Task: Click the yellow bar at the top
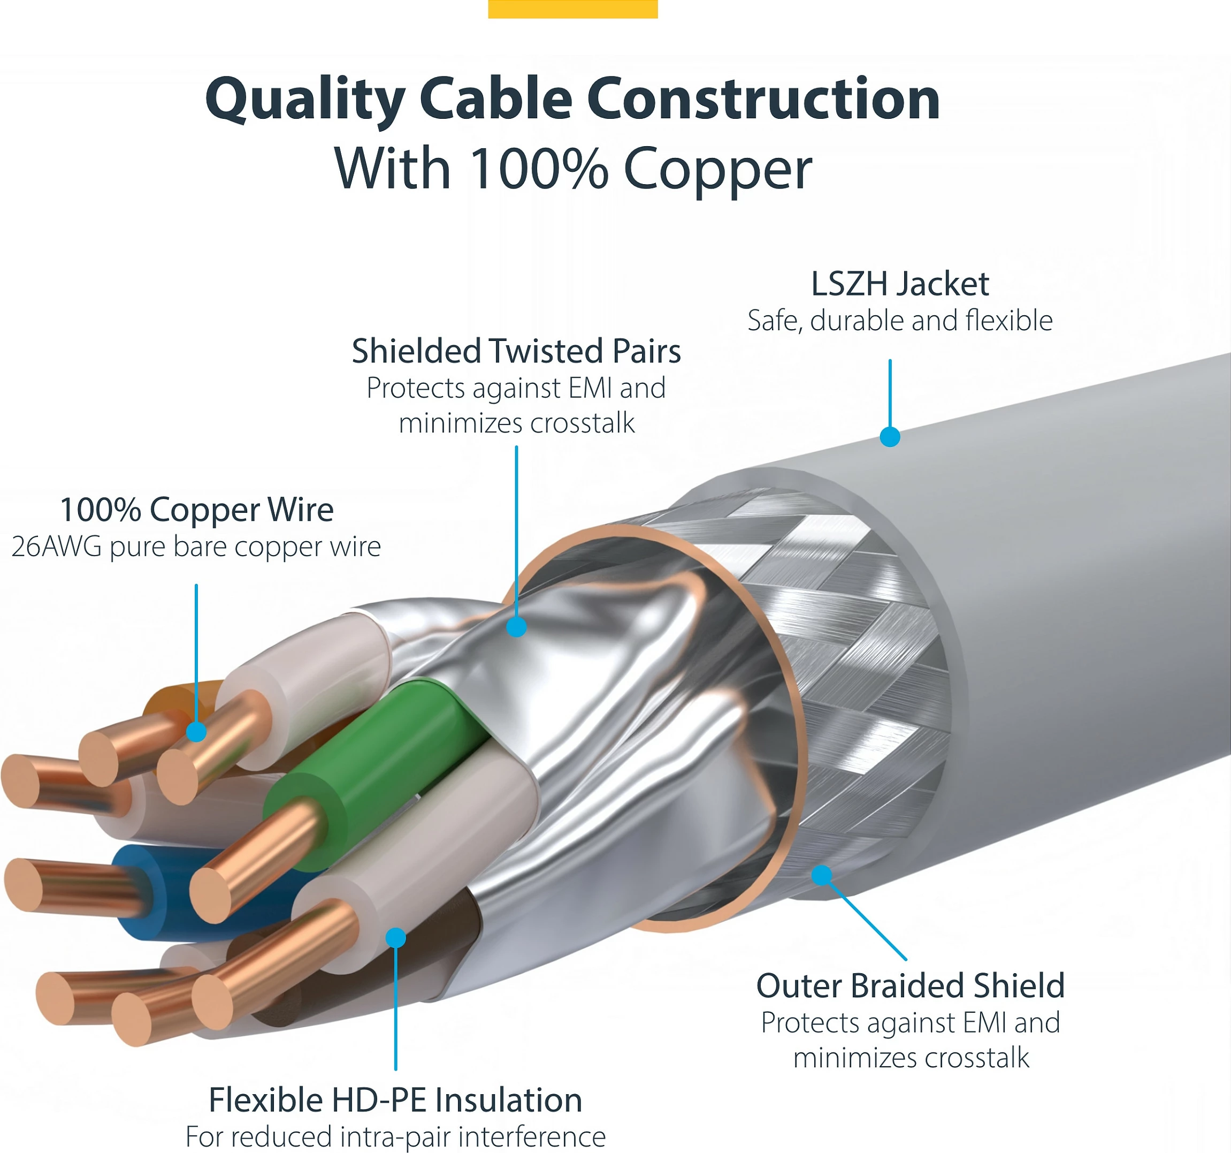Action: tap(573, 9)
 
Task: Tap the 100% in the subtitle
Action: tap(538, 169)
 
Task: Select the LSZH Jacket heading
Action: tap(900, 284)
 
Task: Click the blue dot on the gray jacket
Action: tap(890, 437)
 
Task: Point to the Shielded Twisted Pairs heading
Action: tap(516, 351)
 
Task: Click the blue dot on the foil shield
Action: tap(516, 627)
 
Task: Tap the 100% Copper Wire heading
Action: tap(197, 510)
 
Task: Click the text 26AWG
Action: tap(56, 547)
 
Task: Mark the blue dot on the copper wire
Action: tap(196, 732)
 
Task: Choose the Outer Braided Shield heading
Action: tap(910, 985)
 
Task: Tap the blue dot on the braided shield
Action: tap(821, 875)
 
